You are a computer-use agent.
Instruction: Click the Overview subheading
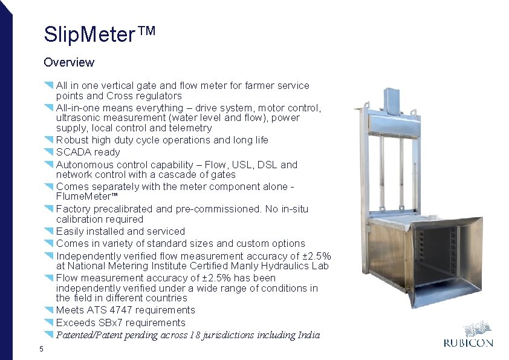tap(69, 62)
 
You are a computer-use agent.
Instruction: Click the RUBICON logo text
tap(468, 343)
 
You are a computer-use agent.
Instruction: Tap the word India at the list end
tap(307, 335)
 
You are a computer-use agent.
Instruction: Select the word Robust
tap(71, 140)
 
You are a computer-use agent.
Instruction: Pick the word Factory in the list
tap(73, 209)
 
